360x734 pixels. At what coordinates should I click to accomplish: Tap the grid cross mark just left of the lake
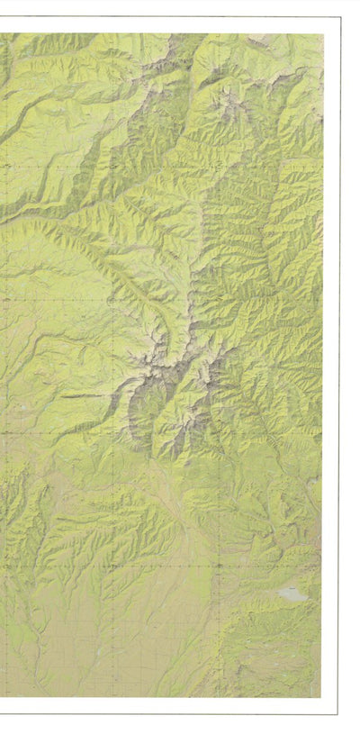tap(219, 566)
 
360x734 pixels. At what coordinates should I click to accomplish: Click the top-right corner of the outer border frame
tap(340, 17)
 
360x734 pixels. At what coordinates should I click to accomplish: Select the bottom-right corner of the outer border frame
tap(337, 713)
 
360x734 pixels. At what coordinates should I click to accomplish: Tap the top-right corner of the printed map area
tap(323, 34)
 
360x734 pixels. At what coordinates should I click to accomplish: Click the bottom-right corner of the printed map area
tap(321, 696)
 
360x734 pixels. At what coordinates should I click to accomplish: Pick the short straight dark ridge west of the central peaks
tap(81, 394)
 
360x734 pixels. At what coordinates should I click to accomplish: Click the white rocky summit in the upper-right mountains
tap(236, 106)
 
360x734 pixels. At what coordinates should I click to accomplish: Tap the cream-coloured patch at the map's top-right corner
tap(315, 41)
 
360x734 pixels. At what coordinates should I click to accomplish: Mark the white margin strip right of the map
tap(330, 360)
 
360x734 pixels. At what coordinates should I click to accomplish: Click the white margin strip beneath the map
tap(162, 705)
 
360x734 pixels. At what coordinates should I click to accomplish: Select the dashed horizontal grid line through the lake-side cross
tap(135, 566)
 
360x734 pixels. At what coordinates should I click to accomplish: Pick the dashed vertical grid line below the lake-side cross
tap(219, 630)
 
